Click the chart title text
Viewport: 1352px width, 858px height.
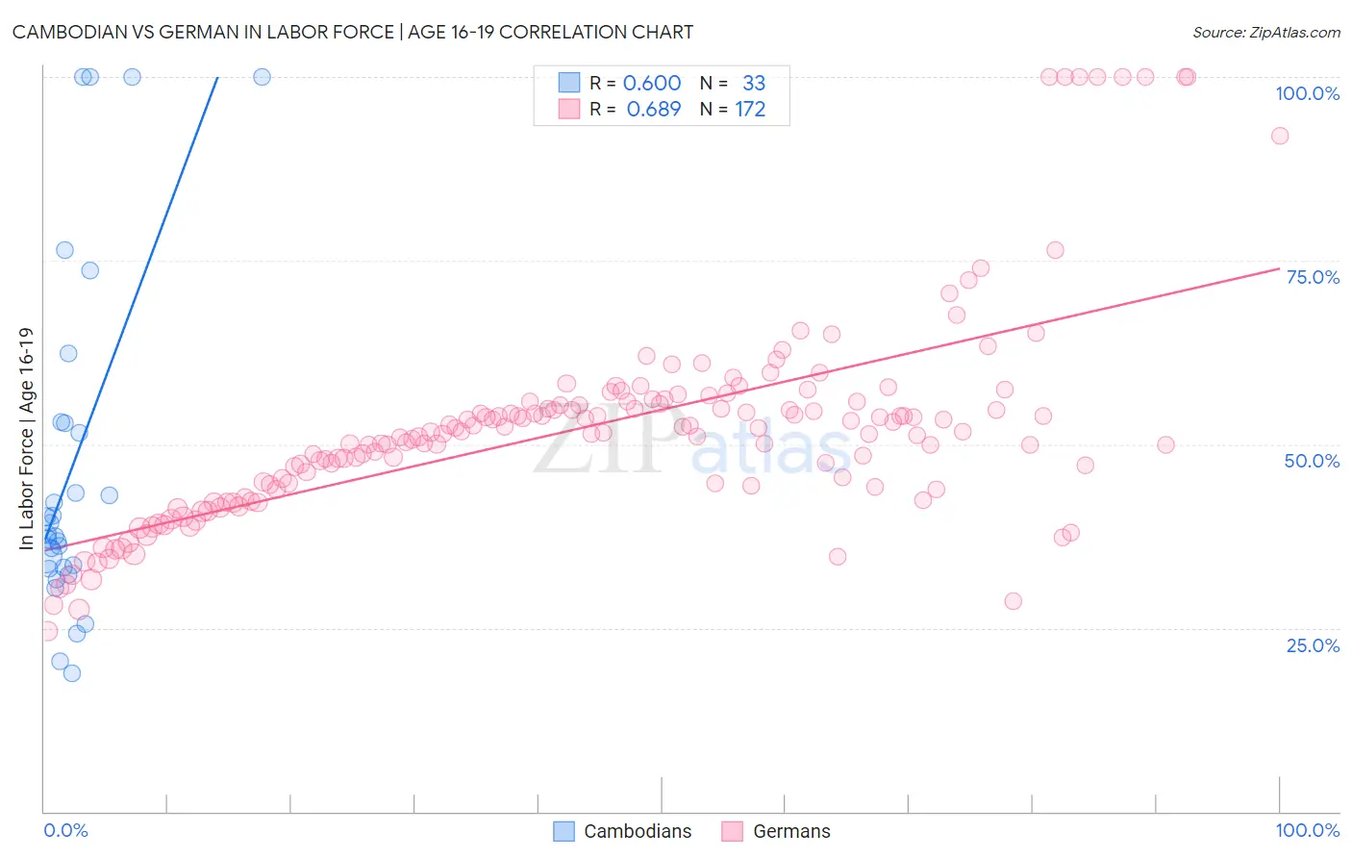click(352, 32)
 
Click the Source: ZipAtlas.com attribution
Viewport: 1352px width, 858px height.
click(1265, 32)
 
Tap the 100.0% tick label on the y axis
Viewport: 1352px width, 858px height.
click(1307, 93)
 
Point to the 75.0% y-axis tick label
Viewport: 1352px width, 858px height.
click(1313, 277)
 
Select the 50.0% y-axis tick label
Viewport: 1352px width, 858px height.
click(1312, 461)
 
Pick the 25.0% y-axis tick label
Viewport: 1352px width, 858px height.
click(1313, 645)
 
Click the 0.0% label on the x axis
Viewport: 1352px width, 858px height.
click(65, 830)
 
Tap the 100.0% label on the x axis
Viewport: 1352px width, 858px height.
click(1307, 830)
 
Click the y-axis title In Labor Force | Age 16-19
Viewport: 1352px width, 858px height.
click(26, 439)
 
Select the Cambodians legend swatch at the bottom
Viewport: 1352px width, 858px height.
click(563, 831)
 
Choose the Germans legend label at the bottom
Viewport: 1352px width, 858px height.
click(791, 831)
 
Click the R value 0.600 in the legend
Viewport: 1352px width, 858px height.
click(652, 83)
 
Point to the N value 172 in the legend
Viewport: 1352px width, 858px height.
click(750, 110)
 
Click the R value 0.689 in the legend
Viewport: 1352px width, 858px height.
click(653, 110)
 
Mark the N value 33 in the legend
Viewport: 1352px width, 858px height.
click(754, 83)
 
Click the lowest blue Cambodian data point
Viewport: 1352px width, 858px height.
click(71, 673)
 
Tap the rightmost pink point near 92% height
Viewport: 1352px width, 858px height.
click(1279, 136)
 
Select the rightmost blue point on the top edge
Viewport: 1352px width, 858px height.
click(262, 77)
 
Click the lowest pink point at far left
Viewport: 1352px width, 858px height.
click(47, 632)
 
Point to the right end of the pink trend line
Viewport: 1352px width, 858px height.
click(1279, 268)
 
